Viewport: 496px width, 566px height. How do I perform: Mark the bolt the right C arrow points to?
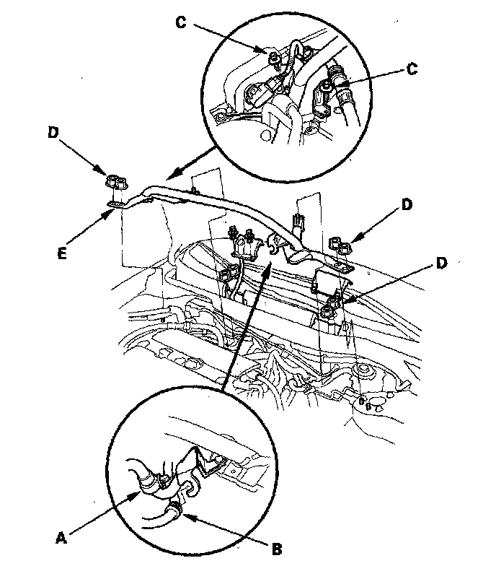[x=326, y=90]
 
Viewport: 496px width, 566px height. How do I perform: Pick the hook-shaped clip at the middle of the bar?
[x=274, y=247]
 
